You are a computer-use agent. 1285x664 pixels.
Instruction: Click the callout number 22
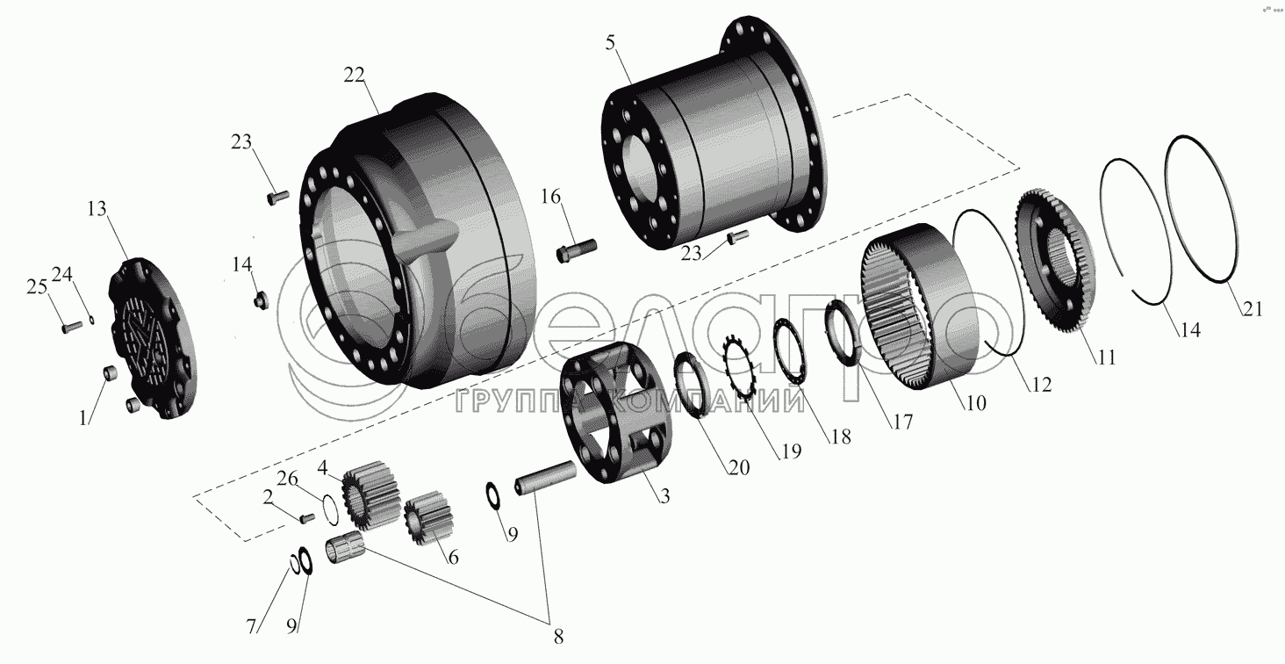(354, 76)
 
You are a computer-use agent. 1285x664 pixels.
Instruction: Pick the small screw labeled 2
(307, 517)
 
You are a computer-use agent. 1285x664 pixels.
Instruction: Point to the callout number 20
(738, 467)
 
